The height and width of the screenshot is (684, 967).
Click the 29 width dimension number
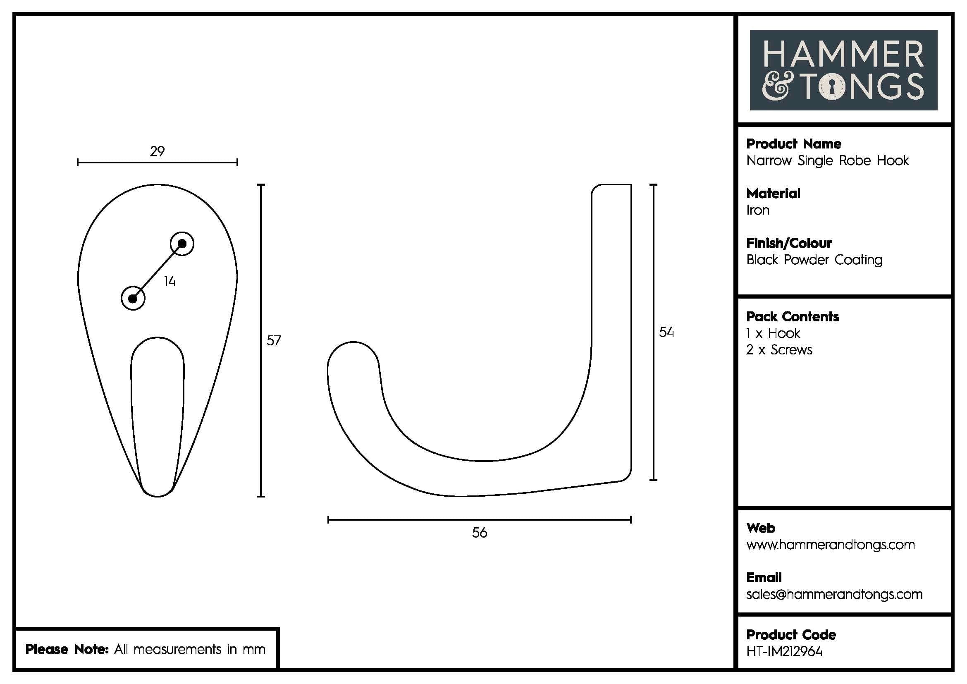[157, 151]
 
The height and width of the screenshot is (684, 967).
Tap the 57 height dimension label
[274, 340]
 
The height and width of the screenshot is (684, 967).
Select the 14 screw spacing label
[170, 281]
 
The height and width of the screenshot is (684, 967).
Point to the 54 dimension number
[666, 332]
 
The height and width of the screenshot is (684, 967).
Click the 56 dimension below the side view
[479, 533]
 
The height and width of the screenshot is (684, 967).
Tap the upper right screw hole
[182, 244]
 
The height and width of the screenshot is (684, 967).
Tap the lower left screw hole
[133, 299]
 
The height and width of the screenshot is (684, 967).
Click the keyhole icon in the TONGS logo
[832, 87]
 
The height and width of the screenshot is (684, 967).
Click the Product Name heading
[793, 144]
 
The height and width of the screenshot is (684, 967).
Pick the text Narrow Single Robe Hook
[827, 160]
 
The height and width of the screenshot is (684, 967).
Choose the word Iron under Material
[758, 210]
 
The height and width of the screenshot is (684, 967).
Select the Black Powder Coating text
[814, 260]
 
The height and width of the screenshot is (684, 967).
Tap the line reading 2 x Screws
[779, 350]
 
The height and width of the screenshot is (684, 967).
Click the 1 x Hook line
[773, 334]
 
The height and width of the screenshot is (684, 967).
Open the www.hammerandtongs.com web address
[830, 545]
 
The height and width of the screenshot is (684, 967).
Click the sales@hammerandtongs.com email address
[834, 594]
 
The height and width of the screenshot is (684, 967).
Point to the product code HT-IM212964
[784, 652]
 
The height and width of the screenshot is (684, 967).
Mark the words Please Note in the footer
[67, 649]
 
